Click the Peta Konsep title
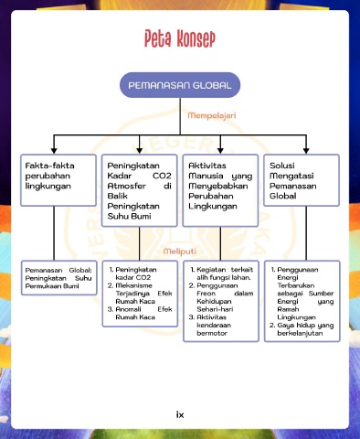pos(180,38)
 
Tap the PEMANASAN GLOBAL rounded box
pos(180,85)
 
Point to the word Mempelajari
pos(212,115)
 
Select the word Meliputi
pos(180,252)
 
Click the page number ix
pos(180,414)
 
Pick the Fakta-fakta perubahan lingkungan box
pos(58,180)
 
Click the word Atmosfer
pos(127,186)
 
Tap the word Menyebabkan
pos(218,186)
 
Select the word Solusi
pos(282,166)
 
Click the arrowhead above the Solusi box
pos(306,151)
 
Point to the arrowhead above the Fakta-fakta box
pos(54,151)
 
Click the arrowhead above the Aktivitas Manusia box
pos(220,151)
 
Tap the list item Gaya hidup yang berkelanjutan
pos(302,329)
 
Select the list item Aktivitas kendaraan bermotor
pos(210,326)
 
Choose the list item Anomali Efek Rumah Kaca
pos(140,314)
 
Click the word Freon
pos(206,294)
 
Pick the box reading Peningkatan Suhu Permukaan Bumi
pos(59,278)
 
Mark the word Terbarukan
pos(296,285)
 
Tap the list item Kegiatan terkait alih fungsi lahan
pos(221,273)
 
